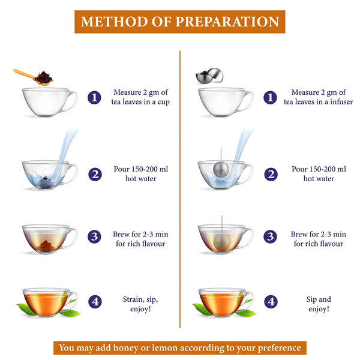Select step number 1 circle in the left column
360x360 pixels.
click(94, 97)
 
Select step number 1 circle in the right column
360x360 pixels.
click(271, 97)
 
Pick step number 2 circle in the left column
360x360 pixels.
click(94, 175)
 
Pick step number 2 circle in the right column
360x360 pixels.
click(271, 175)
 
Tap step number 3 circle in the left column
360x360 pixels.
click(94, 236)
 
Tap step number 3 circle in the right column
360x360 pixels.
click(271, 236)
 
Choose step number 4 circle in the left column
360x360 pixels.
click(94, 301)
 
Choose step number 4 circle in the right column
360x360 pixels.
click(271, 301)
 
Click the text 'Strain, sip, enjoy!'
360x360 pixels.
click(141, 304)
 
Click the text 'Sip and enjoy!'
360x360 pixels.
click(318, 304)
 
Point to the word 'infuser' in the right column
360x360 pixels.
click(334, 102)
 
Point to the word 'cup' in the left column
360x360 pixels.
click(163, 102)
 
